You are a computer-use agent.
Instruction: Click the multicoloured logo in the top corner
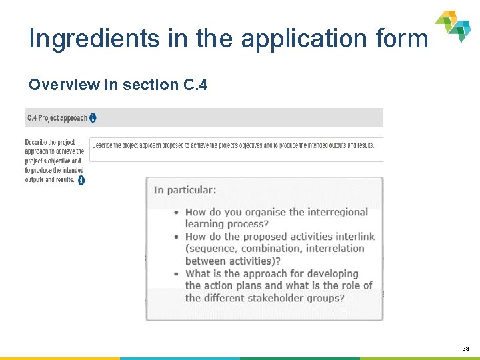(453, 26)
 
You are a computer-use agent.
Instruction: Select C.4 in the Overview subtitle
(194, 85)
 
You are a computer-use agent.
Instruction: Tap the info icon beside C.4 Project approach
(93, 118)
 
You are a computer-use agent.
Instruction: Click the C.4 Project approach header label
(57, 118)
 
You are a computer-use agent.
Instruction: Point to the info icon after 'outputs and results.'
(81, 180)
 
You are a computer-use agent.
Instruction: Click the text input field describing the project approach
(237, 146)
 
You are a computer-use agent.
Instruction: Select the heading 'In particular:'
(185, 190)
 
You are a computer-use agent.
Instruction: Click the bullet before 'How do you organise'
(176, 213)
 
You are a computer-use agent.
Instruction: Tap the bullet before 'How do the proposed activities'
(176, 237)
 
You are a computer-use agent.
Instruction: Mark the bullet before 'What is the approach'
(176, 274)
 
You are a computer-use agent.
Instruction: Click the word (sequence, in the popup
(211, 249)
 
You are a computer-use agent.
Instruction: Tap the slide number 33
(465, 349)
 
